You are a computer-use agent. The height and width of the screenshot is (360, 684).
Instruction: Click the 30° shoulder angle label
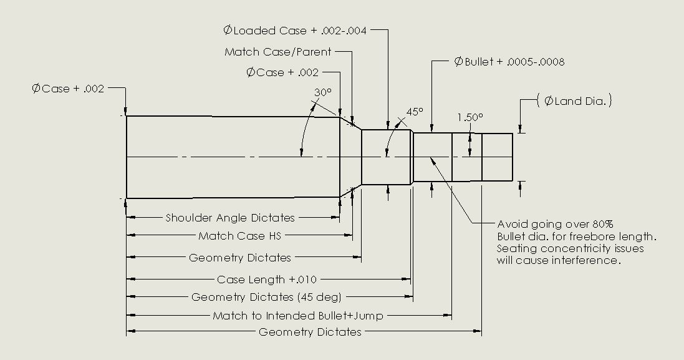pos(322,92)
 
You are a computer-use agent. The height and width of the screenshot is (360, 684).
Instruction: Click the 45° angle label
pos(415,112)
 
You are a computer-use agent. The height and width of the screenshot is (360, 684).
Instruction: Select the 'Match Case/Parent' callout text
pos(278,52)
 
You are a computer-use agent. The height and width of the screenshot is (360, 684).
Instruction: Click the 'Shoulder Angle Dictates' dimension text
pos(230,218)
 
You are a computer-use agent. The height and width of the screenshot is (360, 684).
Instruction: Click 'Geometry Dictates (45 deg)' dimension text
pos(266,297)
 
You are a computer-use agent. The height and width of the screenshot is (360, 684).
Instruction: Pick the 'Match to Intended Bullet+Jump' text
pos(298,316)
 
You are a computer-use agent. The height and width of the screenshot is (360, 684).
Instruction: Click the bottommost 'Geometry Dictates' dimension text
pos(310,332)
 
